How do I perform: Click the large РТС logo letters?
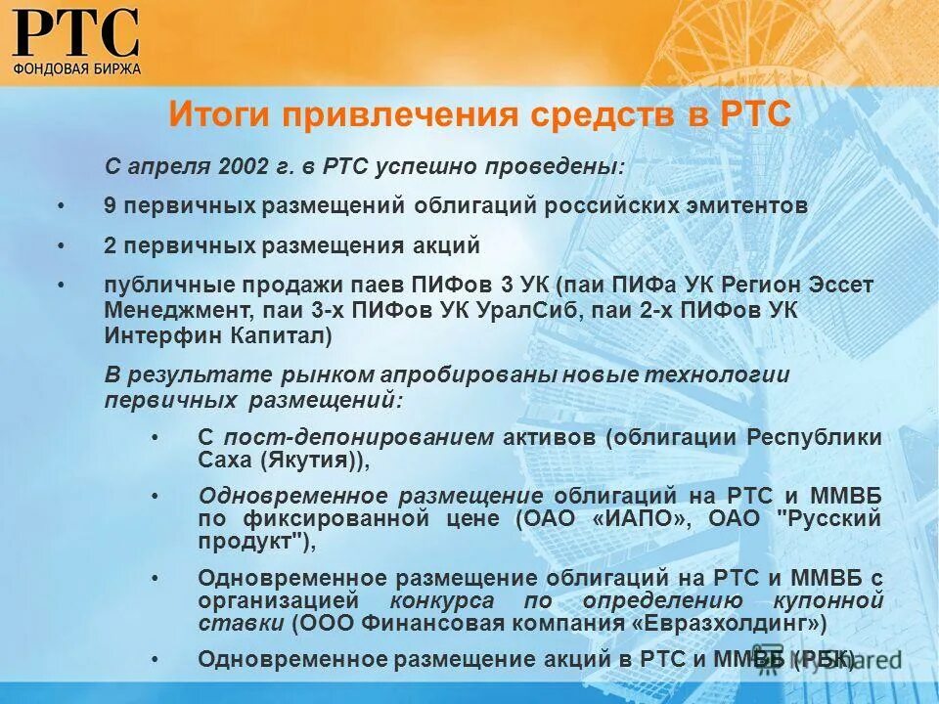pos(75,33)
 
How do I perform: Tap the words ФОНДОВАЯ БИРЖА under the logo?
pos(76,68)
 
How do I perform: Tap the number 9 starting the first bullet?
pos(110,206)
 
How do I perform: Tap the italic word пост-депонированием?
pos(358,438)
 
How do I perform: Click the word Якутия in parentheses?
pos(309,462)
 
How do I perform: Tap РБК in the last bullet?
pos(827,658)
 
